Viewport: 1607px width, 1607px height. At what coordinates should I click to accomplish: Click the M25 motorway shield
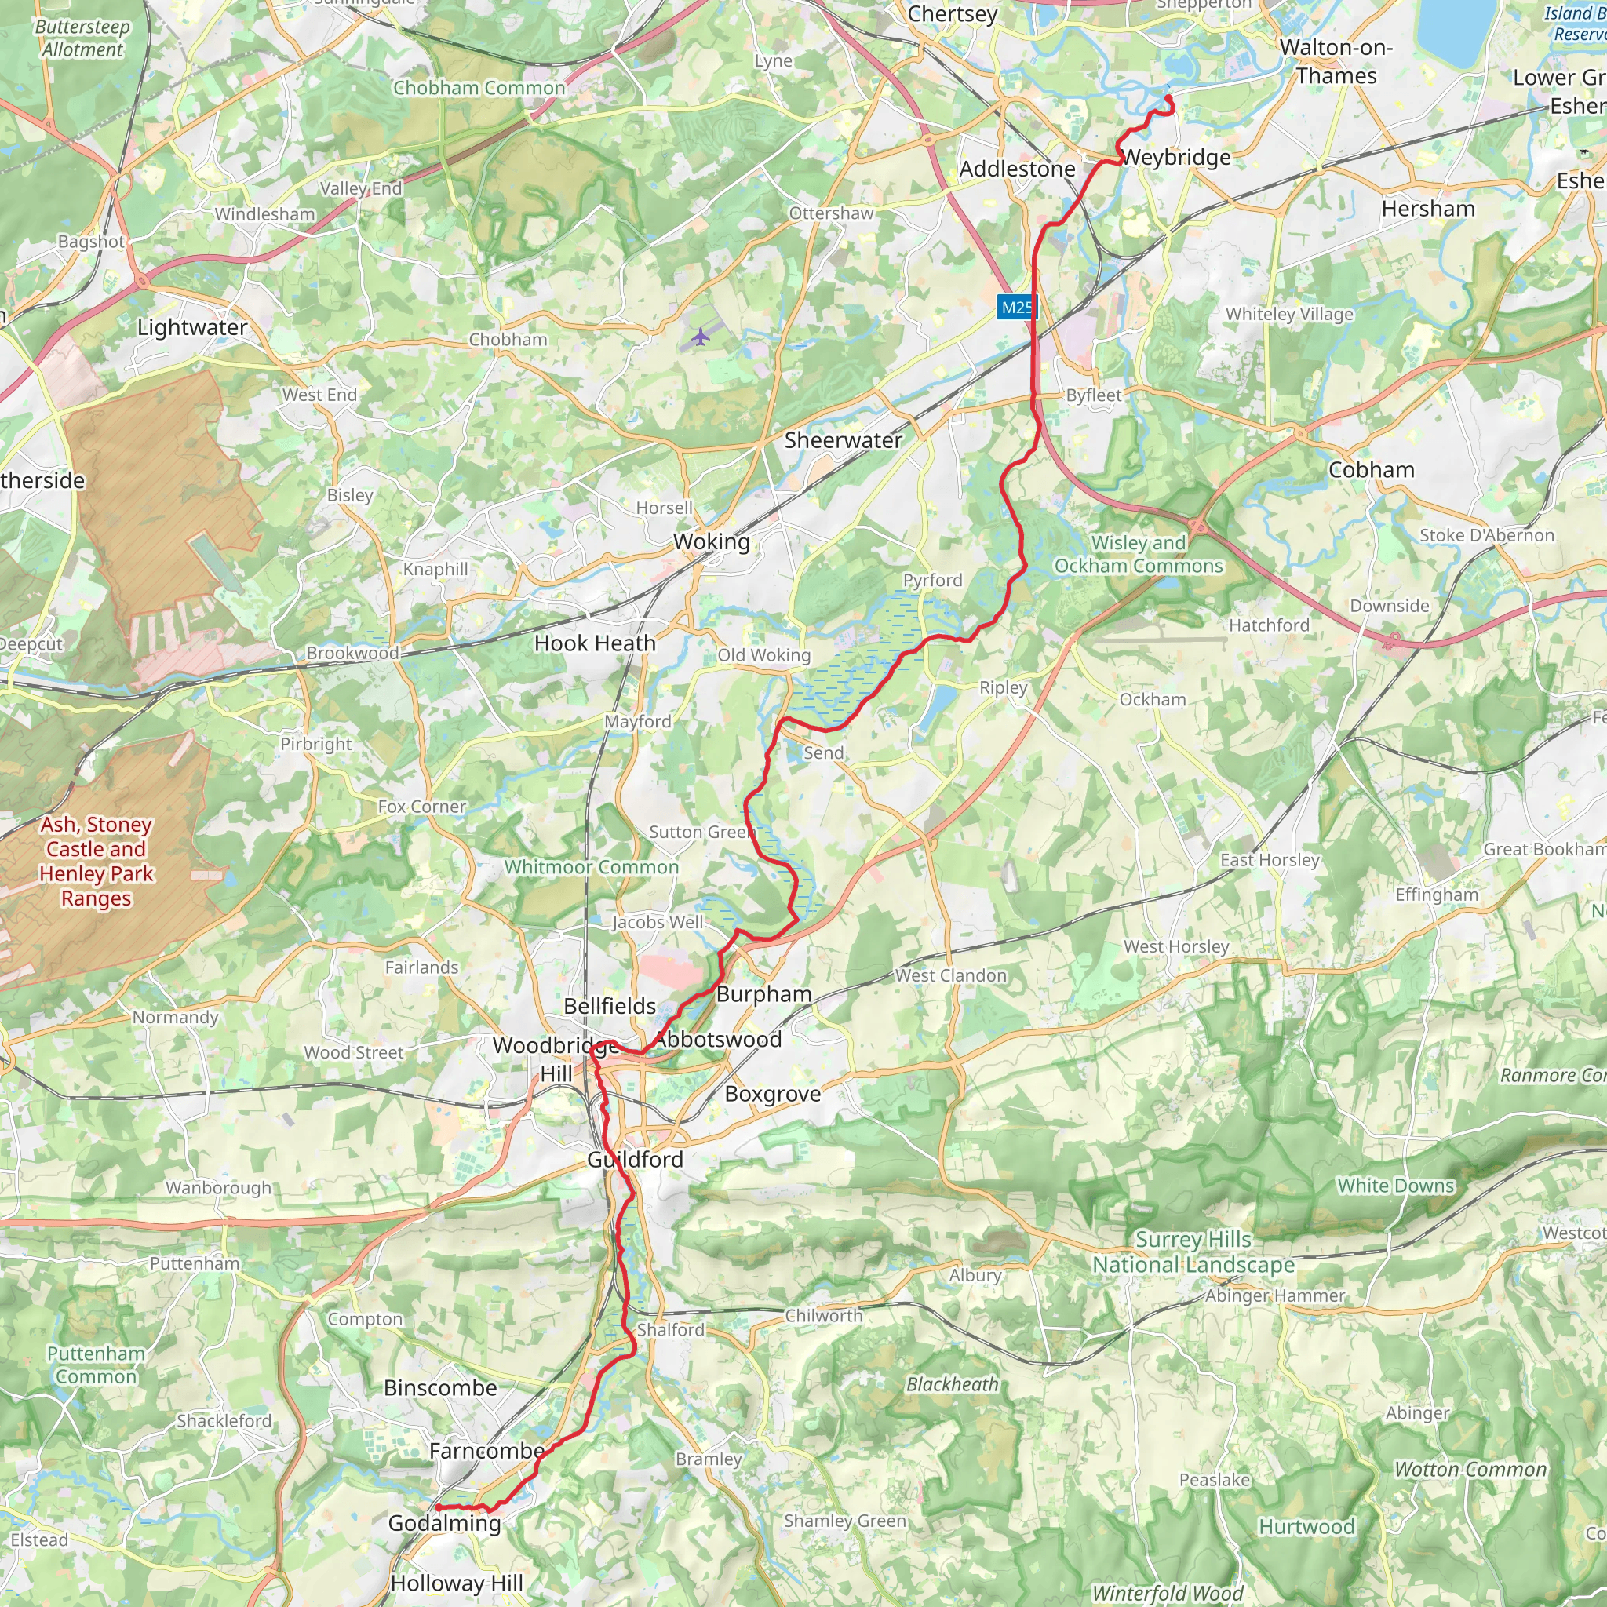click(x=1016, y=307)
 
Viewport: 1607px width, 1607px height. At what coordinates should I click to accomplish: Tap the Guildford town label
click(x=635, y=1159)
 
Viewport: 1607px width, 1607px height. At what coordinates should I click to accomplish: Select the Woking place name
click(x=711, y=541)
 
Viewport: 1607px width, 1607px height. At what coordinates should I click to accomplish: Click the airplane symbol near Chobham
click(x=701, y=336)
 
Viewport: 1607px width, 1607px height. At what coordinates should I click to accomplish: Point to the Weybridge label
click(x=1176, y=157)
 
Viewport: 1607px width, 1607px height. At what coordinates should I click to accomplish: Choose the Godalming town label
click(x=444, y=1523)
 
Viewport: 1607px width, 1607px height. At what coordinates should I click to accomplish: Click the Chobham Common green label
click(x=479, y=88)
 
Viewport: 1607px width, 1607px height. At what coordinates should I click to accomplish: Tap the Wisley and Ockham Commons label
click(x=1138, y=554)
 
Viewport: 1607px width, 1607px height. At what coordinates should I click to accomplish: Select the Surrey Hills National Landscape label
click(x=1193, y=1252)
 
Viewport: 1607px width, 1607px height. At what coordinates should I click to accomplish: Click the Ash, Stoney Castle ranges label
click(x=97, y=861)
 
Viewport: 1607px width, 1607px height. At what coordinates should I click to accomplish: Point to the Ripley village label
click(x=1003, y=687)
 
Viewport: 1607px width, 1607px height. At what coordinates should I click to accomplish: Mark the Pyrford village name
click(x=932, y=580)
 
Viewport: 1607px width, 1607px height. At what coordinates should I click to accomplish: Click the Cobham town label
click(x=1371, y=469)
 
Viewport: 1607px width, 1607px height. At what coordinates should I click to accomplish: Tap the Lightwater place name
click(x=192, y=327)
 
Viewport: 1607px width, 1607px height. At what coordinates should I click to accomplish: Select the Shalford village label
click(x=670, y=1330)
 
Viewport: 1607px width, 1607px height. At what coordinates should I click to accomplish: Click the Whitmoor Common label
click(x=592, y=867)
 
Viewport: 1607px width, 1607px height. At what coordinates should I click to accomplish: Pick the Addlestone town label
click(x=1016, y=169)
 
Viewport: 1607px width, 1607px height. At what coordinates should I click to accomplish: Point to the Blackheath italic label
click(x=952, y=1384)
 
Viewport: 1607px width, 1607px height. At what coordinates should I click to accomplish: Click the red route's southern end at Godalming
click(x=438, y=1508)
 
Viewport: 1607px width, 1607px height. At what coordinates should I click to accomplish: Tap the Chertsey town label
click(x=952, y=14)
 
